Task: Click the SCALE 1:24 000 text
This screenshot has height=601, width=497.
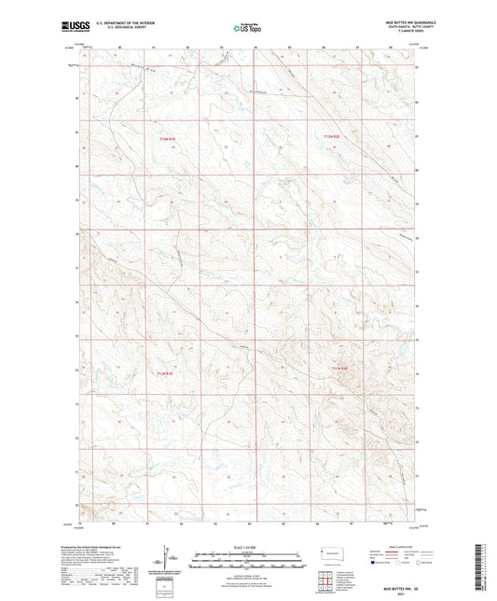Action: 248,546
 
